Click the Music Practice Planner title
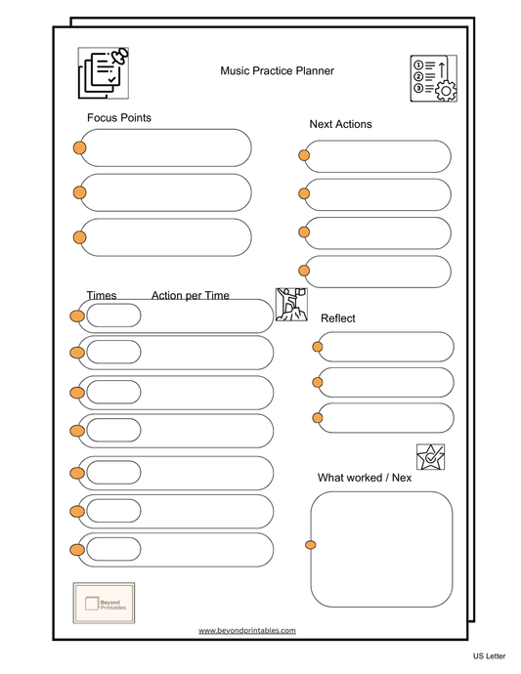[277, 70]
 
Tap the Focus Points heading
[119, 118]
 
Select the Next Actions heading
[340, 124]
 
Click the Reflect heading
[337, 318]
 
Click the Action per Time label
[190, 295]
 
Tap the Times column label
[102, 295]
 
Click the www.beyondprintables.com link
[246, 631]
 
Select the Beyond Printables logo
[104, 604]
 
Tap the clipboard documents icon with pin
[104, 73]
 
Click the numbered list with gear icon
[433, 78]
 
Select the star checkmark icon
[430, 456]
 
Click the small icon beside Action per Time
[291, 304]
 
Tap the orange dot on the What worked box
[311, 544]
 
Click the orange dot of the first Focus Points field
[79, 147]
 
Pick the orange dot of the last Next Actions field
[304, 271]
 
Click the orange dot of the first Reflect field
[318, 346]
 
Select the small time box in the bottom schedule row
[113, 549]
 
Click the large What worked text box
[381, 549]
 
